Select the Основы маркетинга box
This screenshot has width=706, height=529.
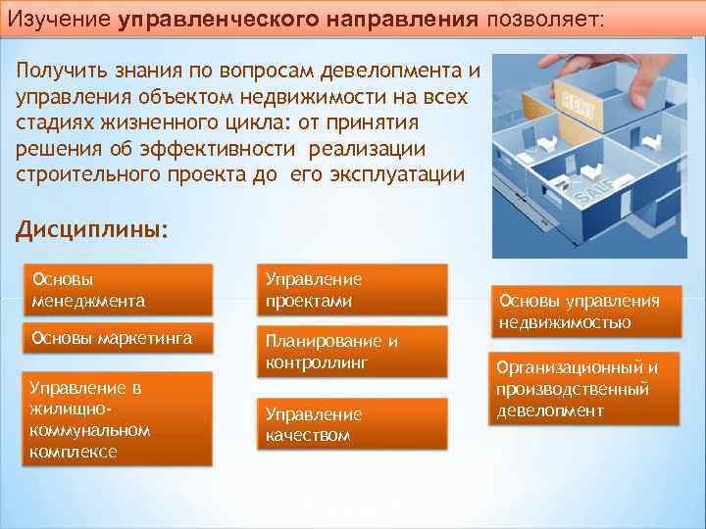tap(117, 340)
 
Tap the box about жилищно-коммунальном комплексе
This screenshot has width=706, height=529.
tap(117, 419)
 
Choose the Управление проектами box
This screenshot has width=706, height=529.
tap(351, 290)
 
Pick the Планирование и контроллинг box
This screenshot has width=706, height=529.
tap(351, 352)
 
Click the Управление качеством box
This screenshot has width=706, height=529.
tap(351, 424)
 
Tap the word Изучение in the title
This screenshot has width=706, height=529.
tap(61, 19)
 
